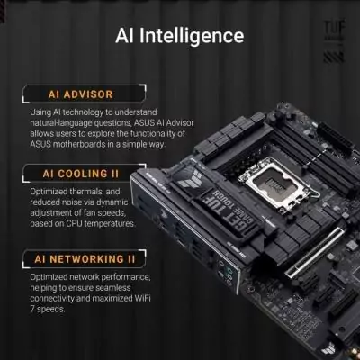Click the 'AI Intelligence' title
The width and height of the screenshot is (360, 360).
tap(180, 36)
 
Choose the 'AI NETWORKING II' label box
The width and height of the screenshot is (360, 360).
tap(85, 259)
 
